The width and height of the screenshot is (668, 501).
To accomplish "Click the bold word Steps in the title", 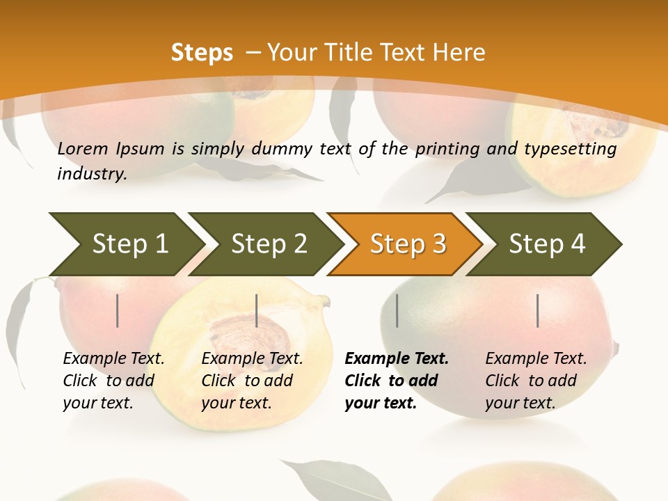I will (202, 53).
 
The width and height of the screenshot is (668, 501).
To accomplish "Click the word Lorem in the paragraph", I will (83, 149).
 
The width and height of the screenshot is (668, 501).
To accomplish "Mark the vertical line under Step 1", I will (118, 310).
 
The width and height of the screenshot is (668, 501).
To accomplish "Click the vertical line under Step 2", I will (257, 310).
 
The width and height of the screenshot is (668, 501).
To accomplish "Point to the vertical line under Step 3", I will (397, 310).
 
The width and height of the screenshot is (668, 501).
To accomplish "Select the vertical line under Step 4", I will (538, 310).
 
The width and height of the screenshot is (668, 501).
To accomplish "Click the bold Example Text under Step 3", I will (397, 359).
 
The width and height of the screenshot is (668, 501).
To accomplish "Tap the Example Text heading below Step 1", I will (113, 359).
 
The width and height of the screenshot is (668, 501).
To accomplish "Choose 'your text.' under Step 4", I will (520, 403).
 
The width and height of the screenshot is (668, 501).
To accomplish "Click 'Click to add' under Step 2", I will (247, 381).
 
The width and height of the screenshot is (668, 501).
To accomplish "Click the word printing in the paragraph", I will (446, 149).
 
